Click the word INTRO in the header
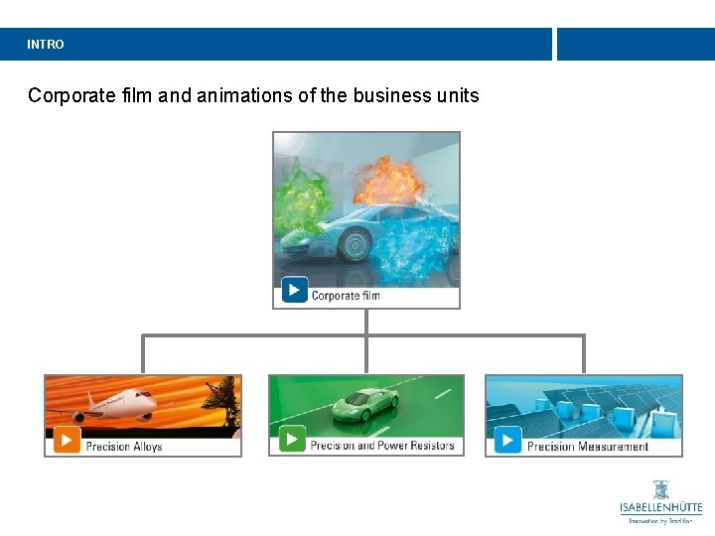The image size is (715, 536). tap(46, 45)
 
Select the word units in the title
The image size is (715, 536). tap(458, 96)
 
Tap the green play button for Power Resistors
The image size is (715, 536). tap(292, 439)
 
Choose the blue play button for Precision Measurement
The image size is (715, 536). tap(507, 440)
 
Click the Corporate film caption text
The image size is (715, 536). tap(346, 295)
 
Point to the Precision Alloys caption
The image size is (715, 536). tap(124, 447)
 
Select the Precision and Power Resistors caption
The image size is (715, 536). tap(382, 446)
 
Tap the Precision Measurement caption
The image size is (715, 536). tap(588, 447)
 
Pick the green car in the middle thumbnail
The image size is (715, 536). tap(364, 403)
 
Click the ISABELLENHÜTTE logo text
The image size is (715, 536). tap(660, 508)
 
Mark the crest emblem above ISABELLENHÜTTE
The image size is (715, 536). tap(660, 489)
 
